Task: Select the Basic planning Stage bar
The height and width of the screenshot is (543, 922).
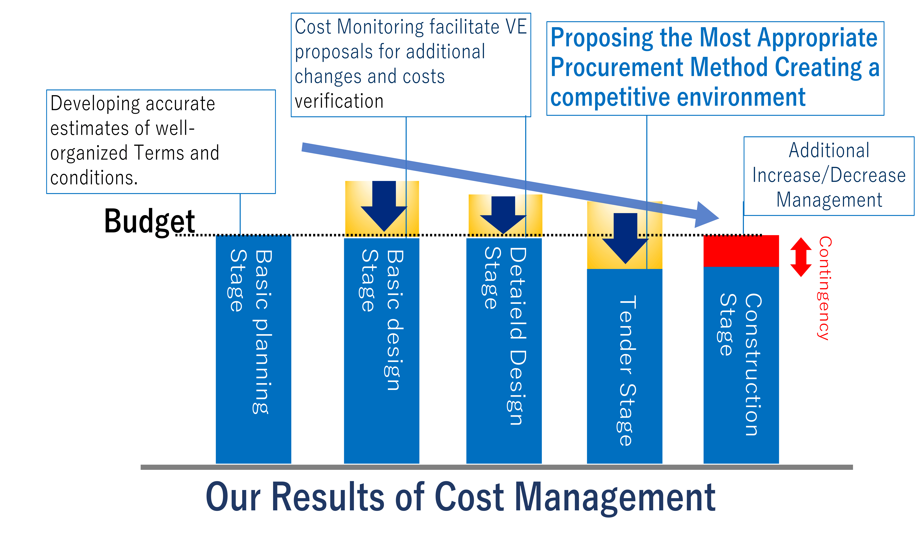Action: [253, 349]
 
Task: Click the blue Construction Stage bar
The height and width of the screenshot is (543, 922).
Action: [741, 365]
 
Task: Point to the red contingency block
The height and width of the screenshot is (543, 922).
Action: [741, 251]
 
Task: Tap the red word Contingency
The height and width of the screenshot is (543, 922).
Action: [825, 288]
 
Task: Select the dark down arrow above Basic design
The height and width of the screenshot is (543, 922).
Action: [384, 206]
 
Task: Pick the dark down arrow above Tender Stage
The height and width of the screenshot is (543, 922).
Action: [625, 238]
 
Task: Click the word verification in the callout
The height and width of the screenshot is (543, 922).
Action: [339, 101]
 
